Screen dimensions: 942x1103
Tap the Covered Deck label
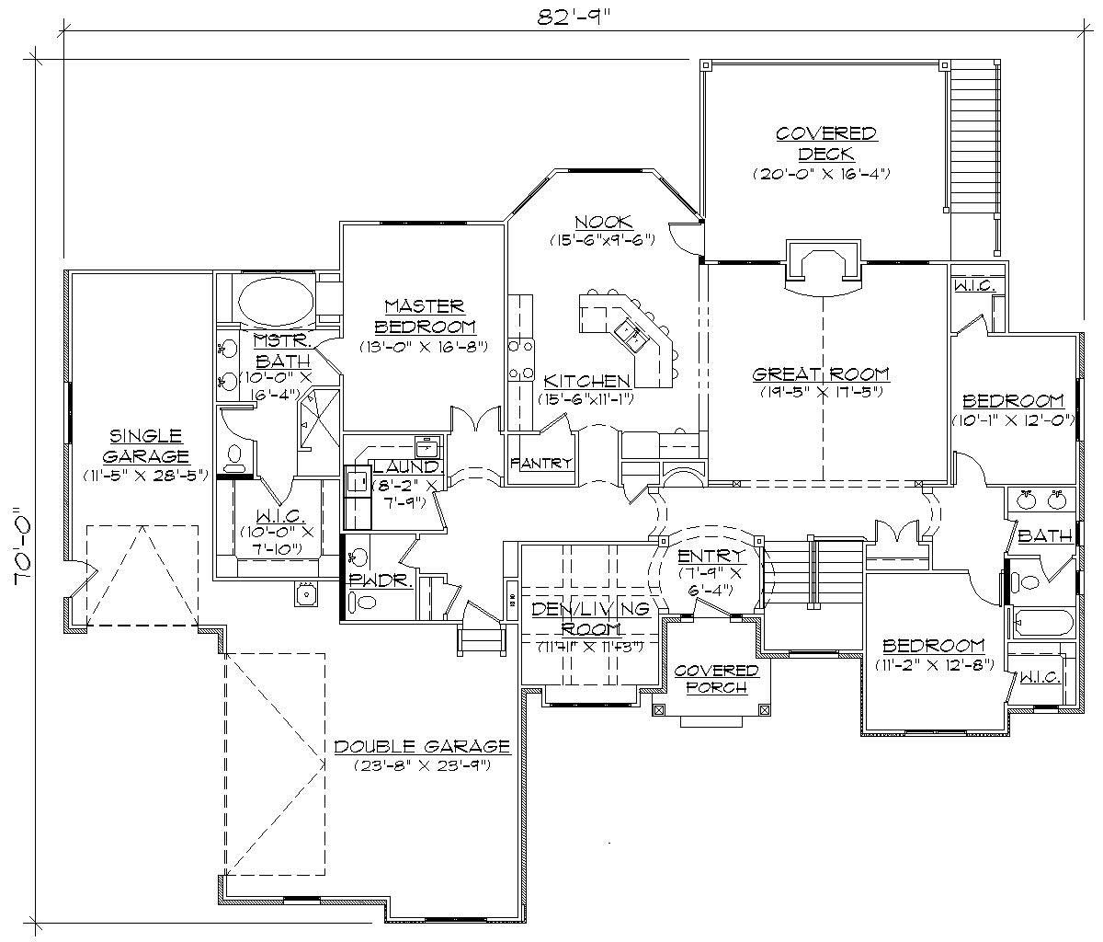click(826, 144)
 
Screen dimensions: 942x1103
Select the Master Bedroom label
click(424, 316)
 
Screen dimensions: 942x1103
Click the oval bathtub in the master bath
click(275, 300)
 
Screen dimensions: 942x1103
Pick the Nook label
click(603, 222)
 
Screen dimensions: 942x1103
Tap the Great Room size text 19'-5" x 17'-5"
click(821, 392)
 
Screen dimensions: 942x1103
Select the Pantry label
click(541, 463)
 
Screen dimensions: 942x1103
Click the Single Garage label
click(146, 445)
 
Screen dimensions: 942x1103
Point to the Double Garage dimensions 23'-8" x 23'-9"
click(421, 764)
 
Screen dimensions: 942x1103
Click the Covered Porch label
click(716, 679)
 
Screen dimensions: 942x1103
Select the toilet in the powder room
click(366, 603)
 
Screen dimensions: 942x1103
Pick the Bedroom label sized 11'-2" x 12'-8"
click(933, 645)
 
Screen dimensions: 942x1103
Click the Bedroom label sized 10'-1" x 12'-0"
click(1013, 401)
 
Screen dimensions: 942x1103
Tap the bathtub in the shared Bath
click(1041, 623)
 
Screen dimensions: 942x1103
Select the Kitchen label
click(586, 381)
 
